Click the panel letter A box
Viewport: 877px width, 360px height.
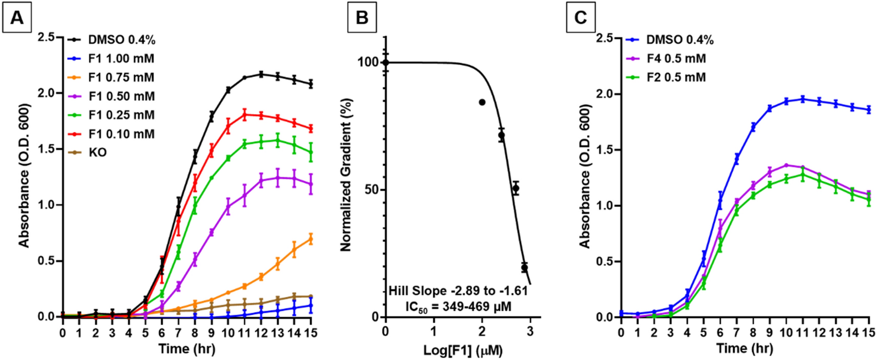coord(17,18)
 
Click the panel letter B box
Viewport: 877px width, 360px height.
coord(362,18)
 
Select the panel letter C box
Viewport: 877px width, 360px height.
coord(581,18)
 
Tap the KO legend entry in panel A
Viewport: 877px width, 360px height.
coord(98,153)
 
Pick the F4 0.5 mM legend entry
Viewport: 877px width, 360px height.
coord(675,59)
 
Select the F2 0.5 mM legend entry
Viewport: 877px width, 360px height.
coord(675,78)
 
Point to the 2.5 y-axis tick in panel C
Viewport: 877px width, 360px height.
coord(606,39)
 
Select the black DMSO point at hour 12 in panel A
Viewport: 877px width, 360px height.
coord(261,74)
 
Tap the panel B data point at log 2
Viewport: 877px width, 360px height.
coord(482,102)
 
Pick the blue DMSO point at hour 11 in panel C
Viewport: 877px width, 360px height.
coord(803,99)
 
